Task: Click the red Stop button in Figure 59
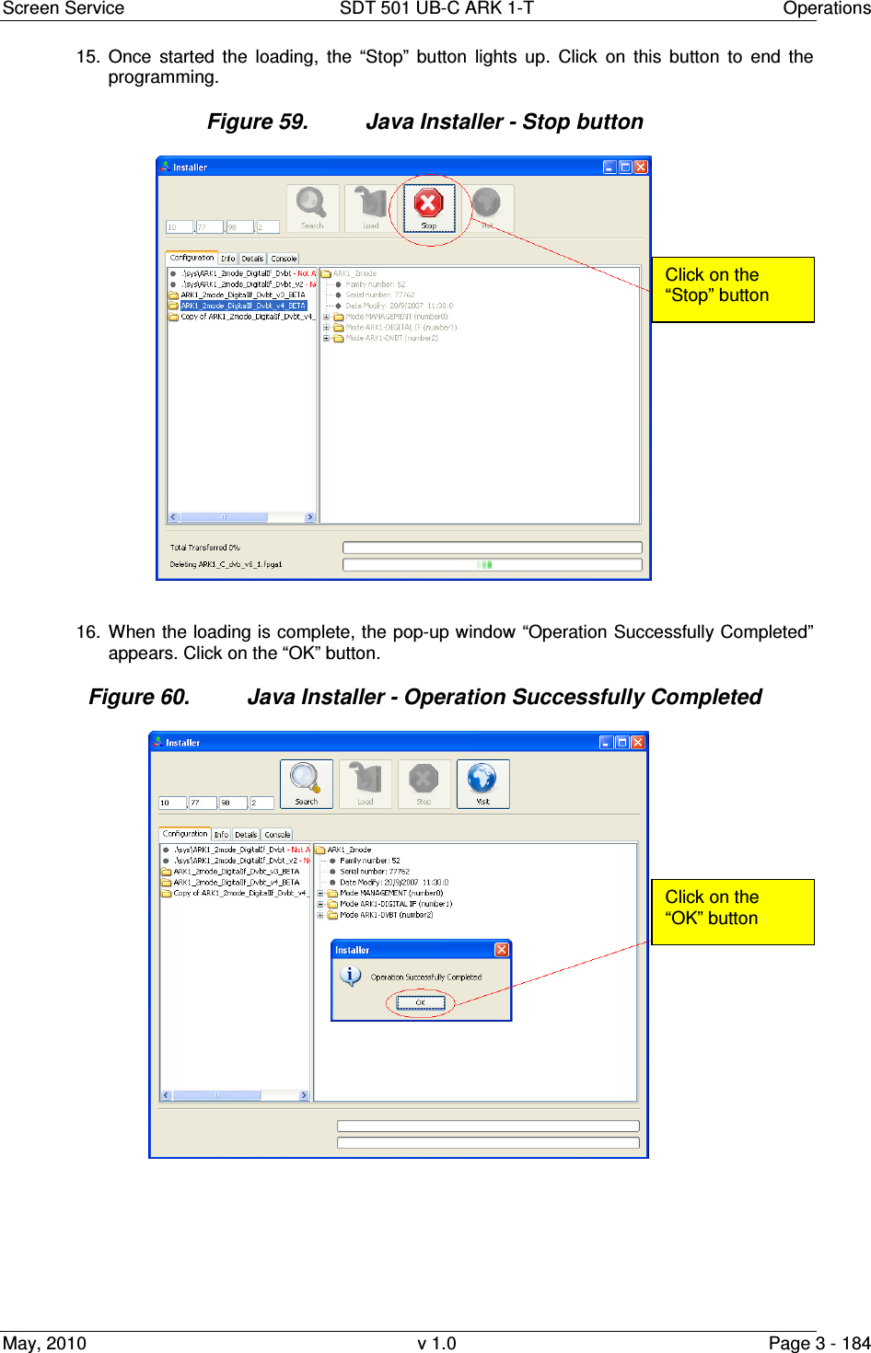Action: coord(428,208)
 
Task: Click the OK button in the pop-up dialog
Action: coord(421,1002)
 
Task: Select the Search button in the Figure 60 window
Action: coord(306,783)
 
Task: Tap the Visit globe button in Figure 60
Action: coord(482,783)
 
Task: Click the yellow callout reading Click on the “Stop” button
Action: coord(733,289)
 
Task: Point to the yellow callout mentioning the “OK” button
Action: coord(733,911)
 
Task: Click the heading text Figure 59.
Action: coord(257,122)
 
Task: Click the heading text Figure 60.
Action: coord(139,698)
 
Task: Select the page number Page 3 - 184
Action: coord(819,1343)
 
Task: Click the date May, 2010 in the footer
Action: coord(44,1343)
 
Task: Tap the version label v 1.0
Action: coord(436,1343)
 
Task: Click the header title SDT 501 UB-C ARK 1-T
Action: coord(436,8)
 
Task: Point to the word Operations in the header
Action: coord(826,8)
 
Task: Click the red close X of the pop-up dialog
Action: coord(502,950)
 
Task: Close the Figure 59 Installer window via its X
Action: coord(641,167)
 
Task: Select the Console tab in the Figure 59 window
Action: coord(284,259)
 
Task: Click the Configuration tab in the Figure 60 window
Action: coord(185,834)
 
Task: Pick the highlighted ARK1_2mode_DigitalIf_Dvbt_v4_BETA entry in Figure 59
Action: coord(242,306)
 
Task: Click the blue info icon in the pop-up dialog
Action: coord(350,976)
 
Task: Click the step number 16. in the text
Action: coord(87,632)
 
